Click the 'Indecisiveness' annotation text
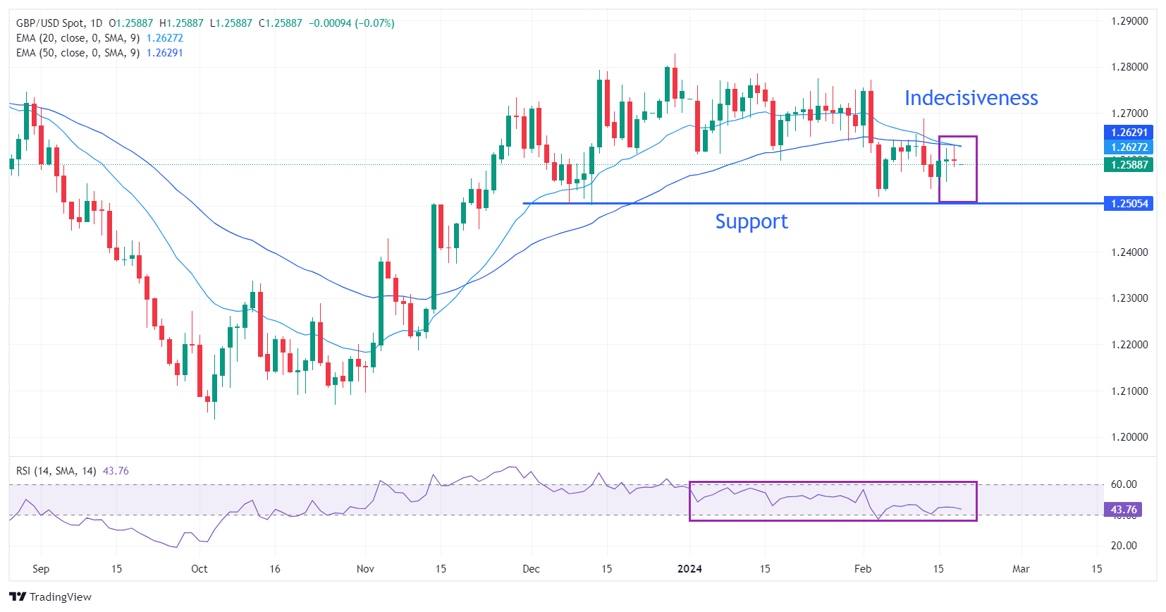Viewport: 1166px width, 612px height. point(971,98)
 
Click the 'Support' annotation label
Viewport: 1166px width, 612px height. point(751,221)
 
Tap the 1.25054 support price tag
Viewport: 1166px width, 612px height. point(1129,204)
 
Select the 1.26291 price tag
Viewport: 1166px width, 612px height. point(1129,133)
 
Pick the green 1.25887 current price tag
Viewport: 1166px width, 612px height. point(1129,165)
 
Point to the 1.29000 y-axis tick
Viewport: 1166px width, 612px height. point(1129,21)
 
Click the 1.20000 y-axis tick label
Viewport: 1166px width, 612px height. point(1129,437)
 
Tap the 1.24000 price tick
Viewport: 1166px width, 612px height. point(1129,252)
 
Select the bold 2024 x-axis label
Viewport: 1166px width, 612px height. point(689,569)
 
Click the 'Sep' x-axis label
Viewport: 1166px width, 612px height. point(41,569)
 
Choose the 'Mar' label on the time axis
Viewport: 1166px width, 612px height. point(1021,569)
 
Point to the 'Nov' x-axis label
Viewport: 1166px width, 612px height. point(365,569)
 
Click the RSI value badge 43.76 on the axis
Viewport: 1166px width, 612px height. point(1123,510)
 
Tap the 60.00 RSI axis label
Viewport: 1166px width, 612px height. point(1124,484)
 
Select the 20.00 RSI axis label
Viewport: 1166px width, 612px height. point(1124,546)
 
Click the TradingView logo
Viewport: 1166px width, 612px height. point(51,597)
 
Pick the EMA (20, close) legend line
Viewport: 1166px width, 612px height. point(78,38)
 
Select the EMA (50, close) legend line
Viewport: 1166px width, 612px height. point(78,53)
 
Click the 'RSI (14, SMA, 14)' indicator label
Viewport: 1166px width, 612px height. point(56,471)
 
